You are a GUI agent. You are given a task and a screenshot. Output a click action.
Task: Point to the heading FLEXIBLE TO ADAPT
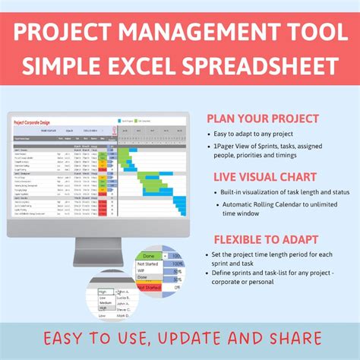[x=257, y=238]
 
